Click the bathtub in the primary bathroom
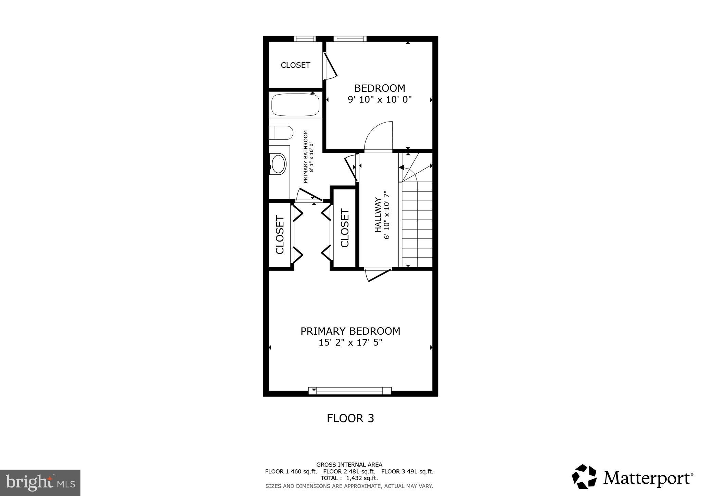coord(295,105)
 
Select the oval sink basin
coord(278,164)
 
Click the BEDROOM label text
coord(379,88)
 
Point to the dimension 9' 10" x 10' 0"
coord(379,100)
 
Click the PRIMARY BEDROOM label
coord(350,331)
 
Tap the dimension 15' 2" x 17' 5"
coord(350,343)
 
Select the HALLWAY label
coord(378,215)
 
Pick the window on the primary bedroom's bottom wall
coord(349,391)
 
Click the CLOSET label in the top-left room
coord(295,65)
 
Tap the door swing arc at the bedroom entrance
coord(377,135)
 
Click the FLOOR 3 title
coord(350,419)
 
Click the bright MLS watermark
coord(40,483)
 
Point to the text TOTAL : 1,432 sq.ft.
coord(349,478)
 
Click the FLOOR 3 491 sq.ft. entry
coord(407,472)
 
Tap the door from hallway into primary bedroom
coord(378,274)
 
